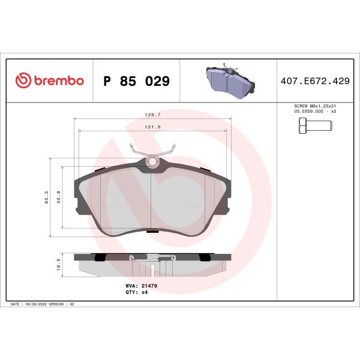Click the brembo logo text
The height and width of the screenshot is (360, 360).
click(x=58, y=81)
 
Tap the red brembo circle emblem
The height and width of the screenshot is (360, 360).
click(x=22, y=81)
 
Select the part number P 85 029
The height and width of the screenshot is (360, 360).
click(x=137, y=81)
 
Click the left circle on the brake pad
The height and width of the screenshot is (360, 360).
click(x=110, y=200)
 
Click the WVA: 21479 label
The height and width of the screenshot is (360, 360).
click(x=142, y=286)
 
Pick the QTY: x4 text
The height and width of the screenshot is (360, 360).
click(x=136, y=292)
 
